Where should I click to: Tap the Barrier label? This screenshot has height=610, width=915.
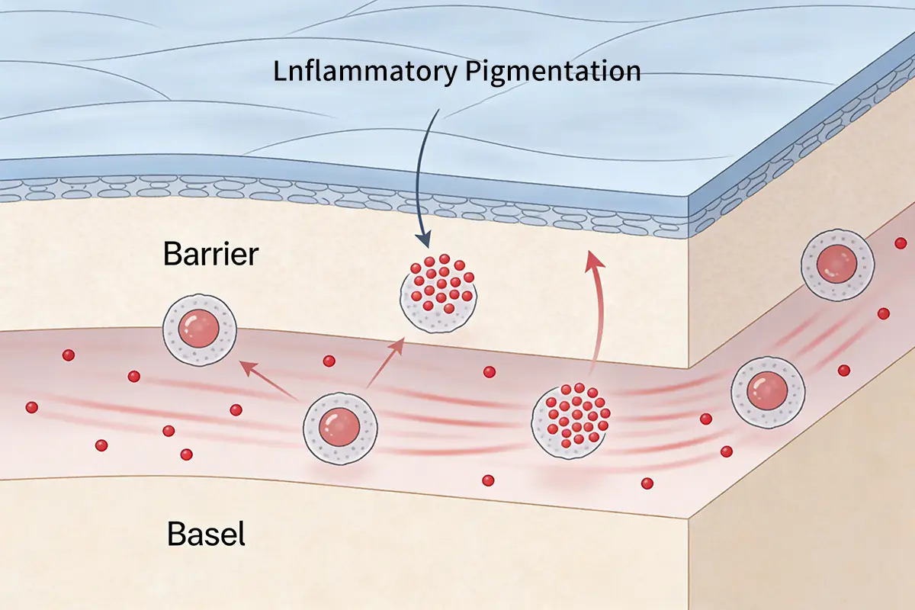[x=210, y=255]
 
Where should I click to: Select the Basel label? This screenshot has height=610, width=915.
[x=206, y=535]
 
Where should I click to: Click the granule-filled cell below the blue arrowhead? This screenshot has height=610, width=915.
[x=440, y=293]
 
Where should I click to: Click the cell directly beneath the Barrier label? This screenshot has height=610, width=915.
[x=200, y=331]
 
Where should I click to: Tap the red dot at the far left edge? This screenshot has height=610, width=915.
[x=31, y=407]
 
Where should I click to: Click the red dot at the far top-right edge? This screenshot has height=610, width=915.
[x=901, y=243]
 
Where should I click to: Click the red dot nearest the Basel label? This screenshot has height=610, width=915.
[x=186, y=454]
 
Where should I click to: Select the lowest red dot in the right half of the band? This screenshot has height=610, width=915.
[x=647, y=483]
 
